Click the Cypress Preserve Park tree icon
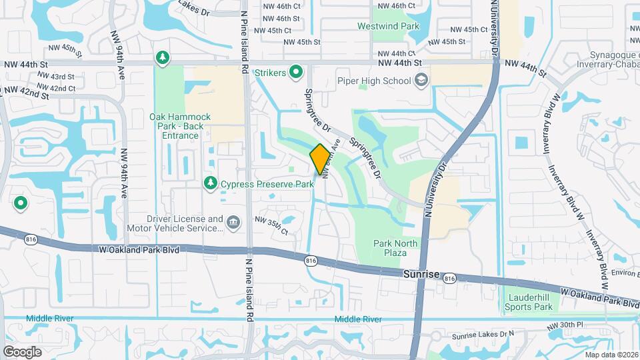(211, 183)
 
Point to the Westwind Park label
(397, 26)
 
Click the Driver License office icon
(233, 223)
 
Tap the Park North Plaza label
(395, 248)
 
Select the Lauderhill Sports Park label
(530, 302)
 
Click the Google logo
(22, 351)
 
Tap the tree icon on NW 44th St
(162, 59)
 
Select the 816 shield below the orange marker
(311, 261)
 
